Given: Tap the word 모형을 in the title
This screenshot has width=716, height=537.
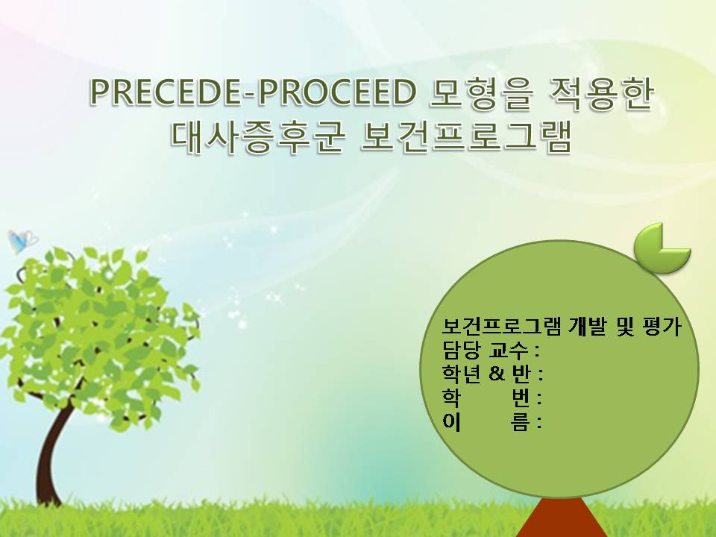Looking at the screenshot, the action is (481, 93).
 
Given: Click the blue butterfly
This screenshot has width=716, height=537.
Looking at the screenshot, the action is (22, 241).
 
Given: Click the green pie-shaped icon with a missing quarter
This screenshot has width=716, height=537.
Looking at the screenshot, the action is (662, 248).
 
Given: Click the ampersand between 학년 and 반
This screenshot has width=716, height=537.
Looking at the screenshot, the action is (497, 374).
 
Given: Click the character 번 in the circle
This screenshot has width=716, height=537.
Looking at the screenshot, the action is (521, 398).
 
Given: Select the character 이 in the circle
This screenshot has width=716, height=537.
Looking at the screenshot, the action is (451, 421).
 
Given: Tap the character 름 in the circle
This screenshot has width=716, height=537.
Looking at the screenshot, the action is (521, 421).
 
